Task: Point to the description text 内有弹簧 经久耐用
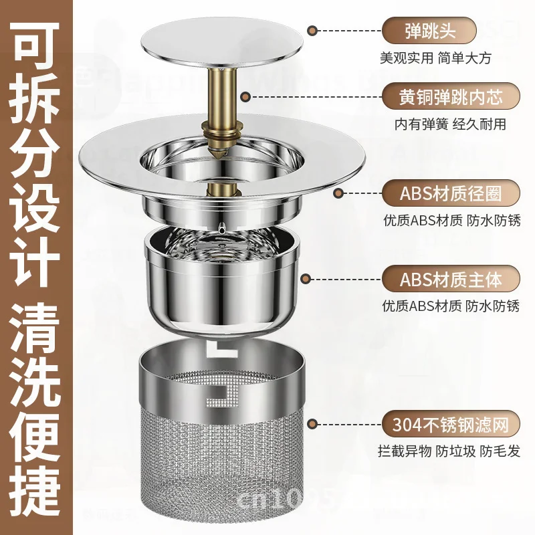pyautogui.click(x=449, y=124)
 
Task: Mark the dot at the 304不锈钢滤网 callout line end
pyautogui.click(x=312, y=423)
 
